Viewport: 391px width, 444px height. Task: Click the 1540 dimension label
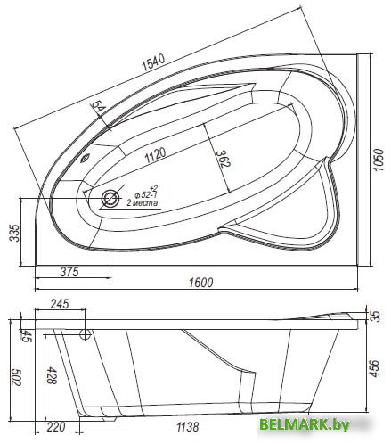click(153, 62)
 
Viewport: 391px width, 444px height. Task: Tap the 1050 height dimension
click(379, 160)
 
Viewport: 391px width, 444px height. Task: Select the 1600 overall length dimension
click(201, 283)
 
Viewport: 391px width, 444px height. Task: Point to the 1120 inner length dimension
click(155, 154)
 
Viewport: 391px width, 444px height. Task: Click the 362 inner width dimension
click(223, 159)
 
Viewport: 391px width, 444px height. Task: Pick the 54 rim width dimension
click(97, 106)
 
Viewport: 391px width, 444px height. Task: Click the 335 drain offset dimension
click(15, 233)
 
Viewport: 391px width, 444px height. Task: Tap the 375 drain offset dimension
click(69, 271)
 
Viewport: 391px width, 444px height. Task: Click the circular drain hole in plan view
click(110, 198)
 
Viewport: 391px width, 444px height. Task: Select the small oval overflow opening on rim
click(86, 158)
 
